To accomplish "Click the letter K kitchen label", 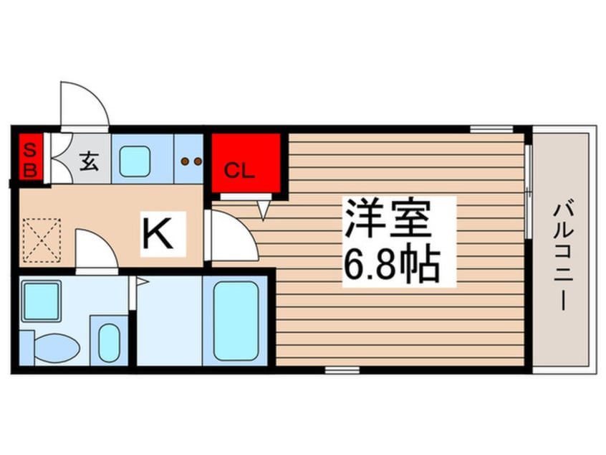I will (158, 233).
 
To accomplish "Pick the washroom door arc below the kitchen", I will (96, 248).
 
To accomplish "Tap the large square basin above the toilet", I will (41, 301).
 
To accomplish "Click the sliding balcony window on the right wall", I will (528, 192).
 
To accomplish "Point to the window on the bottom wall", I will (342, 370).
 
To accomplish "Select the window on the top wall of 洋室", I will (491, 129).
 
